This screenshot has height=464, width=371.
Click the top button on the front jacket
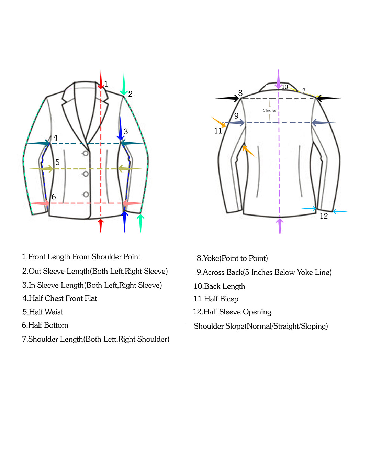(86, 153)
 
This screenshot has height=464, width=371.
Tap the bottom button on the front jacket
(86, 195)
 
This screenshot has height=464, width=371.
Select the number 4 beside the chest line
(56, 138)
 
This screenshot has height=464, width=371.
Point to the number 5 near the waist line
(57, 162)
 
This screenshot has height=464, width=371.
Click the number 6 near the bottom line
(54, 197)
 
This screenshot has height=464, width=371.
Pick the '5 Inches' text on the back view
(269, 110)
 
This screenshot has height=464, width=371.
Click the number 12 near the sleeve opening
(324, 216)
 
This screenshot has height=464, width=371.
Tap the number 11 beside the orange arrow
(218, 131)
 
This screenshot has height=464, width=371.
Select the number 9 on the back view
(236, 116)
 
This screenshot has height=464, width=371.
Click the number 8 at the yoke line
(240, 93)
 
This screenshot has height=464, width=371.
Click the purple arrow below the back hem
(280, 226)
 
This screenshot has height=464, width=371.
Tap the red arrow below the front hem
(101, 225)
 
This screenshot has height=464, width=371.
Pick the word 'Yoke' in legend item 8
(211, 258)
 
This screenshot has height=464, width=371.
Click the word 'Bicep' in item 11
(229, 299)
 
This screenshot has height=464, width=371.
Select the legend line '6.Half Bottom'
(45, 325)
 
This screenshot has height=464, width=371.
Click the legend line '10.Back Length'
(220, 286)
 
